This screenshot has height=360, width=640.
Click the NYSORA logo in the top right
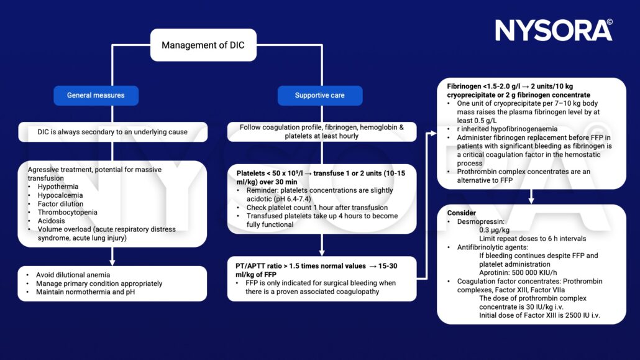tap(553, 30)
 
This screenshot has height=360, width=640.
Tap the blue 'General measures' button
tap(96, 95)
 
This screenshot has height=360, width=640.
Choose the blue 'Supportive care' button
tap(319, 95)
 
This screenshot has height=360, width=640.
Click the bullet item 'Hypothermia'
tap(58, 187)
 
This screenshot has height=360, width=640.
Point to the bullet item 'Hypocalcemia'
tap(60, 195)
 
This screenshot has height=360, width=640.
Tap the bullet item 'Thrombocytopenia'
tap(67, 212)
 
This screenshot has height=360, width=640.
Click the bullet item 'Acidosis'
tap(52, 221)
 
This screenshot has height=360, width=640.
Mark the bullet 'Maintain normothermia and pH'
tap(86, 292)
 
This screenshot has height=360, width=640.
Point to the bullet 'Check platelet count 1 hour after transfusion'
tap(317, 207)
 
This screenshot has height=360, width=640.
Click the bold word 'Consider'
tap(462, 213)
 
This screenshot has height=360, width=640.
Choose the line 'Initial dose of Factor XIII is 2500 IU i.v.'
tap(544, 315)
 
